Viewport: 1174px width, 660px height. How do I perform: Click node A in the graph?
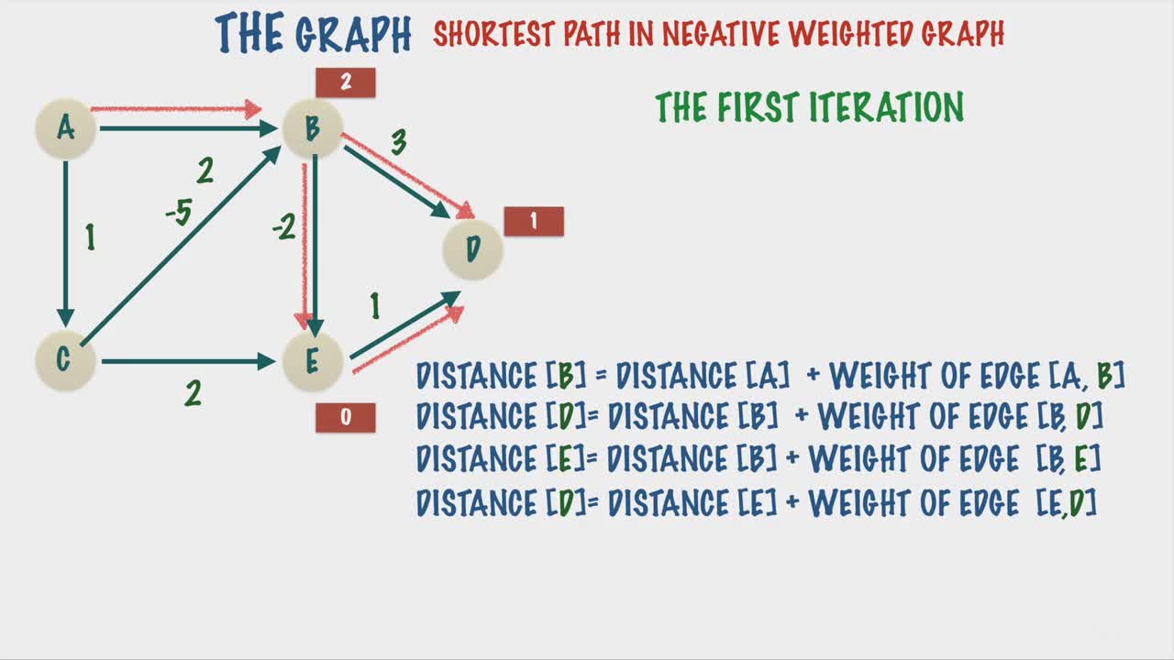(65, 128)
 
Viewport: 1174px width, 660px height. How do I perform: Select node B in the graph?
(313, 128)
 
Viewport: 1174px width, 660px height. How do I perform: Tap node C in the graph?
(65, 361)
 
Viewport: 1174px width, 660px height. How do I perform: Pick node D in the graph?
(472, 249)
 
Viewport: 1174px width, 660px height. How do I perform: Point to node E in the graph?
(313, 361)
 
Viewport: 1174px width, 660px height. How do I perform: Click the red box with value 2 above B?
(346, 82)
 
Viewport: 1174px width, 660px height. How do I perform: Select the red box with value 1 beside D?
(534, 221)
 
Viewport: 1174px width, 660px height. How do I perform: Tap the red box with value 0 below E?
(346, 417)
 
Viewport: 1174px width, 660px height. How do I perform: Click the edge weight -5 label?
(179, 212)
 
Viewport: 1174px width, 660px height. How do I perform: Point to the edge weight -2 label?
(284, 226)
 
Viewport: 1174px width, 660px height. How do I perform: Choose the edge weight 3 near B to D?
(399, 141)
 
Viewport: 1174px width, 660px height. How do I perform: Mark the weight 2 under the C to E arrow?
(193, 393)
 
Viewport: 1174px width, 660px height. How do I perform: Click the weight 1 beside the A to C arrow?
(91, 237)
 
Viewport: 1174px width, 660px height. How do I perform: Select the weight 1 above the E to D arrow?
(375, 306)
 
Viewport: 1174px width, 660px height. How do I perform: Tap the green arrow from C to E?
(189, 361)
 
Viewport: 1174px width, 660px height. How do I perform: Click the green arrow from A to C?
(65, 245)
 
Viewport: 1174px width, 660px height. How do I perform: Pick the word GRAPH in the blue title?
(353, 34)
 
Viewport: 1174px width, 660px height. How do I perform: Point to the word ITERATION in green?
(886, 107)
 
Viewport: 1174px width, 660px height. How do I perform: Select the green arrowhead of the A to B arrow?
(269, 128)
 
